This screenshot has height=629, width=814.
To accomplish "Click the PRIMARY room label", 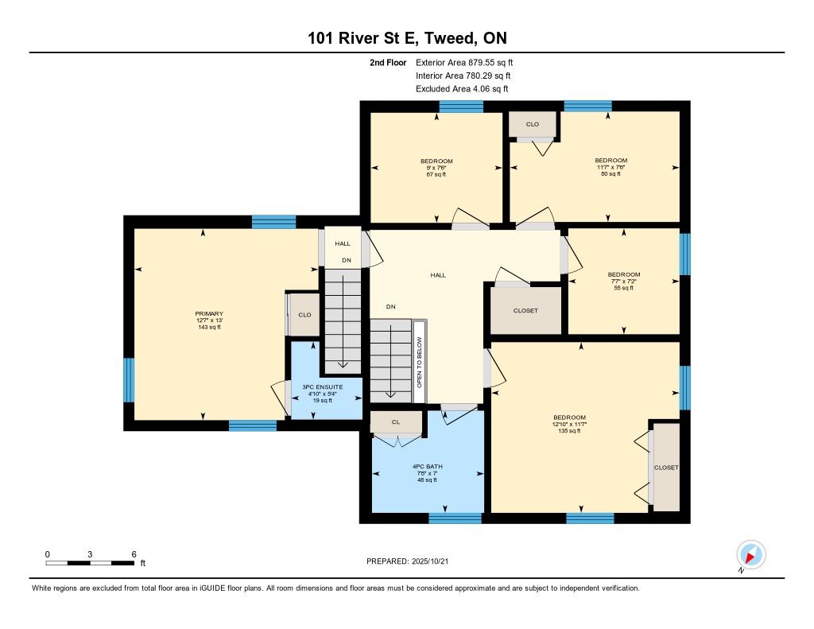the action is tap(209, 314).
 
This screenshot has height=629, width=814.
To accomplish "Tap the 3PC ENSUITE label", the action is tap(323, 387).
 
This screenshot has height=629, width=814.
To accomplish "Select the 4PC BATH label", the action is tap(427, 467).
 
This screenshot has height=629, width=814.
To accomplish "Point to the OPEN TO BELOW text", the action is tap(420, 362).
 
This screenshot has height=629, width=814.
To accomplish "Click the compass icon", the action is tap(750, 555).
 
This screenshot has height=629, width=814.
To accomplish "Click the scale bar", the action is tap(90, 563).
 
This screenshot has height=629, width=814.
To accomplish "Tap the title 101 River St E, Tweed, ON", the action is tap(407, 38).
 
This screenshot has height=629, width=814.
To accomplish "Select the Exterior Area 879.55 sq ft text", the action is tap(464, 62).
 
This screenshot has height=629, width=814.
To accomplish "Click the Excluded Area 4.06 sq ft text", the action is tap(462, 89).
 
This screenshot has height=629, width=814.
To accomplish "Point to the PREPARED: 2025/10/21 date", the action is tap(408, 561).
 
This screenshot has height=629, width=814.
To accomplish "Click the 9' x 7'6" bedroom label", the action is tap(436, 168).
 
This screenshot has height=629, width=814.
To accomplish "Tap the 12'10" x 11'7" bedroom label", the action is tap(569, 424).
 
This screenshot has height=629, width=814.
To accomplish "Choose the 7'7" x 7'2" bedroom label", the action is tap(624, 281).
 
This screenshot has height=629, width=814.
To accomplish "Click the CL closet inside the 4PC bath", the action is tap(396, 422).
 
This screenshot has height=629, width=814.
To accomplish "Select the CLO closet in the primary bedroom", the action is tap(304, 315).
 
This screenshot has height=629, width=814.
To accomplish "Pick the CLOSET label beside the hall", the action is tap(525, 311).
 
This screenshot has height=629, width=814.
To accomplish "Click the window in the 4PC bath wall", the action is tap(455, 518).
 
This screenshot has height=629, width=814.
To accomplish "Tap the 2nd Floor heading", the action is tap(388, 62).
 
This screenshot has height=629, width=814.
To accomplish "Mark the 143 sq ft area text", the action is tap(209, 328).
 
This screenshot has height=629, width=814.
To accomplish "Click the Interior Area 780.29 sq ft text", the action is tap(463, 76).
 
